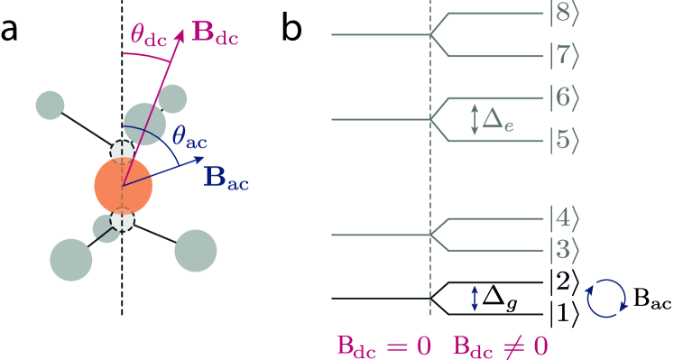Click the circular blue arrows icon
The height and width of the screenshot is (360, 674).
click(605, 299)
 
